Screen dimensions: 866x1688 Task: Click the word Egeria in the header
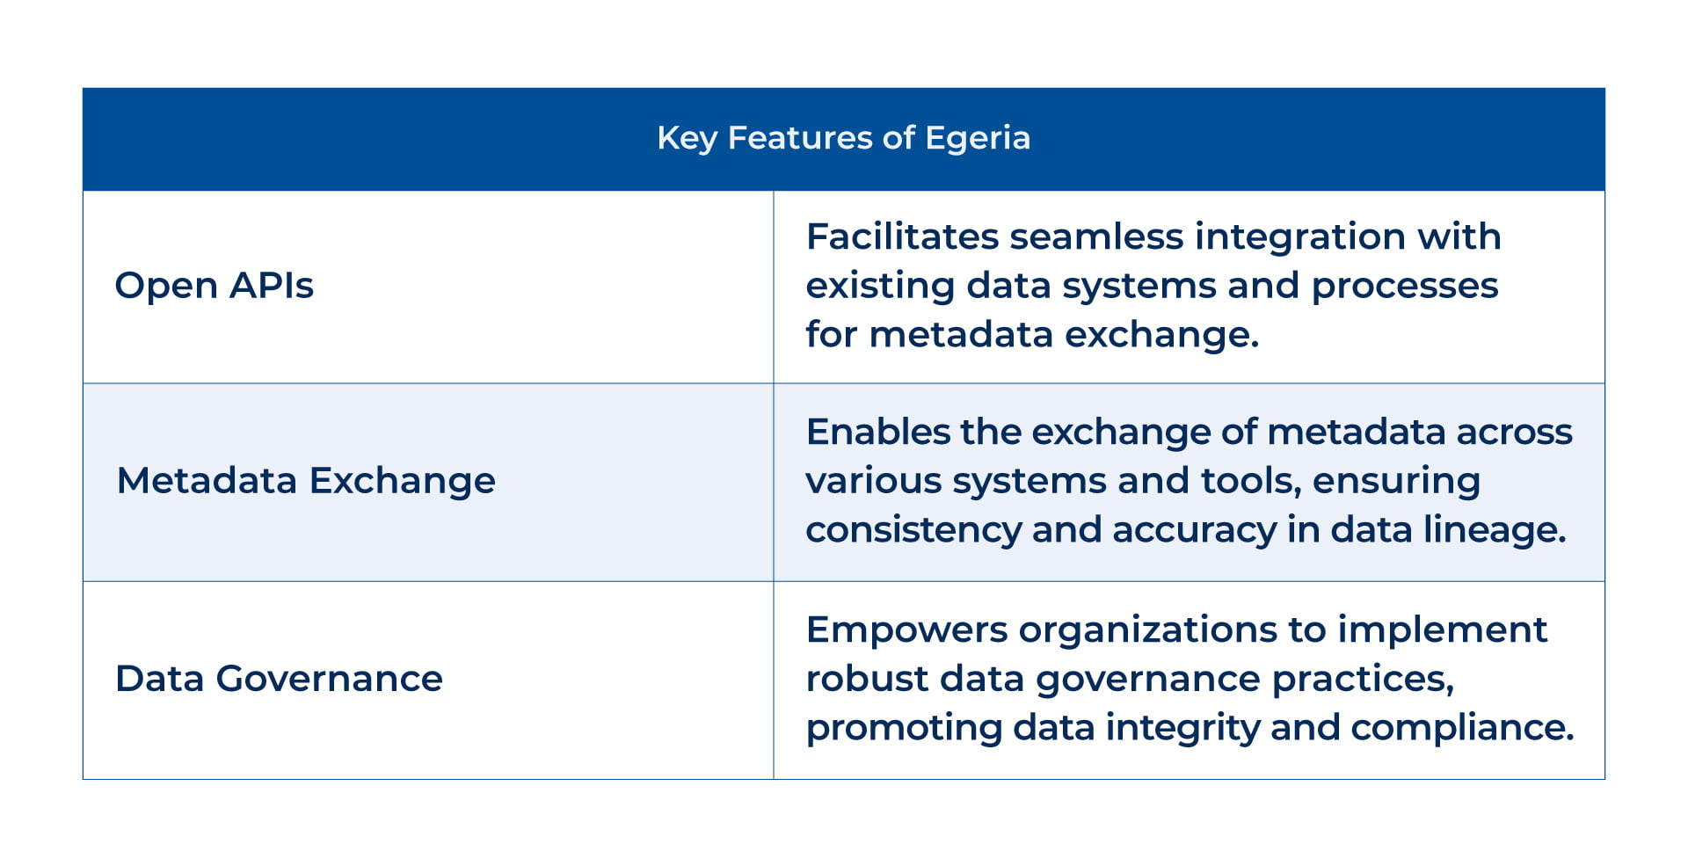(977, 139)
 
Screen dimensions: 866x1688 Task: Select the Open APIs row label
(214, 286)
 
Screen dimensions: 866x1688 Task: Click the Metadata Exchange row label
(305, 481)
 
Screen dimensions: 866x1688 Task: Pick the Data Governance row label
(279, 679)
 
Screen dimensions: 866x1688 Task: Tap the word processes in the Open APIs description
(1404, 287)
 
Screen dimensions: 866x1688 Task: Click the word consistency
(913, 530)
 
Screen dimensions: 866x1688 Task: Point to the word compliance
(1460, 728)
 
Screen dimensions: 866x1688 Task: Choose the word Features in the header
(799, 139)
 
